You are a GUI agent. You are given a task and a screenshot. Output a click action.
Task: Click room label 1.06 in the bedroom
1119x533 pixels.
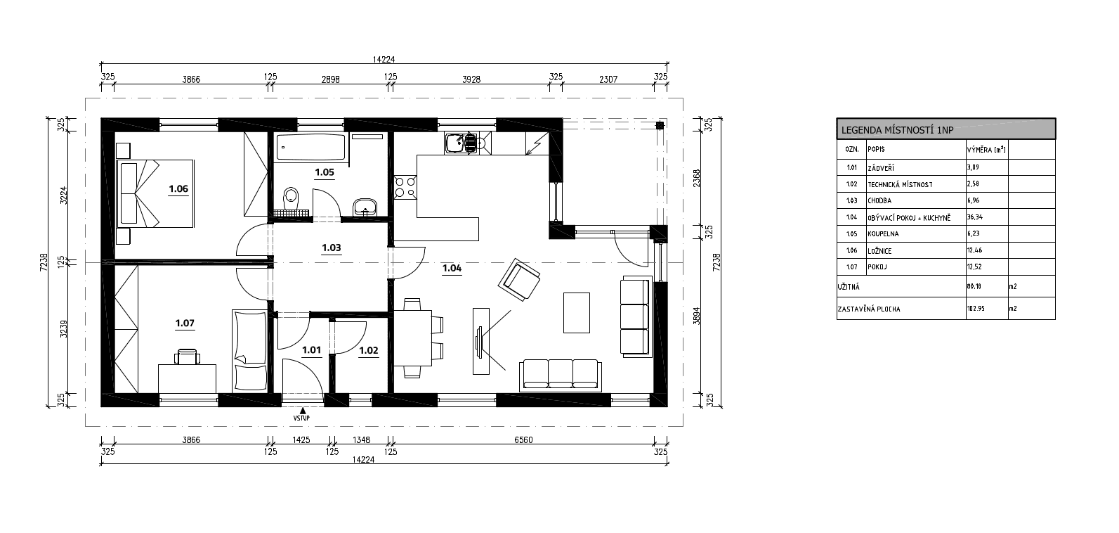[178, 188]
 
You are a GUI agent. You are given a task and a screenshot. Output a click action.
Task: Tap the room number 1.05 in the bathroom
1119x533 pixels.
[325, 172]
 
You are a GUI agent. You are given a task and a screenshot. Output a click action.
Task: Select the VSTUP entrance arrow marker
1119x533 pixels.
[302, 411]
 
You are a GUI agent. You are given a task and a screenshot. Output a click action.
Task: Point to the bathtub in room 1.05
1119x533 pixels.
[310, 147]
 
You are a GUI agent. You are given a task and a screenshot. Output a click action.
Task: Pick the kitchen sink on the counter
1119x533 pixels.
[455, 143]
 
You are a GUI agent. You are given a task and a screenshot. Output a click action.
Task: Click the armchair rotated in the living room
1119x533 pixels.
[519, 279]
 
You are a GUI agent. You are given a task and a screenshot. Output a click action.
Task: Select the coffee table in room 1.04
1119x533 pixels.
[577, 312]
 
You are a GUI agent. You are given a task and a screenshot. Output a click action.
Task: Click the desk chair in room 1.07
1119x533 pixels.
[187, 357]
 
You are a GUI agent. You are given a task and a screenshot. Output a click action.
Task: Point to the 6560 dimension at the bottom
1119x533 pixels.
[523, 440]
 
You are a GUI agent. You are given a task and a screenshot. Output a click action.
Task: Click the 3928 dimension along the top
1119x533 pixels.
[471, 79]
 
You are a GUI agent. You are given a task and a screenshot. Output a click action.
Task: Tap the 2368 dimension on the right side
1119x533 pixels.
[697, 178]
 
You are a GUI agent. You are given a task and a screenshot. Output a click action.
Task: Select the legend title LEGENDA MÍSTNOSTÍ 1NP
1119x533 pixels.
[897, 131]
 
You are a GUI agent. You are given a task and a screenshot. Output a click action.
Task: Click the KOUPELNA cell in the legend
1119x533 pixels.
[883, 234]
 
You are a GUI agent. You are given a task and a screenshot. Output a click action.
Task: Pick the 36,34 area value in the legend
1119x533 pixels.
[974, 217]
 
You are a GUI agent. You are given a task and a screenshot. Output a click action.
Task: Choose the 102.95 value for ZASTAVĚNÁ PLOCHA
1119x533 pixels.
[976, 309]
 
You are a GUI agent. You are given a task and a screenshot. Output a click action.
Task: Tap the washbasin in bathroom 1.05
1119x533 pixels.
[365, 207]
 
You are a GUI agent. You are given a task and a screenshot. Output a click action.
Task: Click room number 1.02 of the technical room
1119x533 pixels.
[369, 350]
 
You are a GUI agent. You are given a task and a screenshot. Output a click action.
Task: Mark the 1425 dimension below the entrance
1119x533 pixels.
[301, 440]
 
